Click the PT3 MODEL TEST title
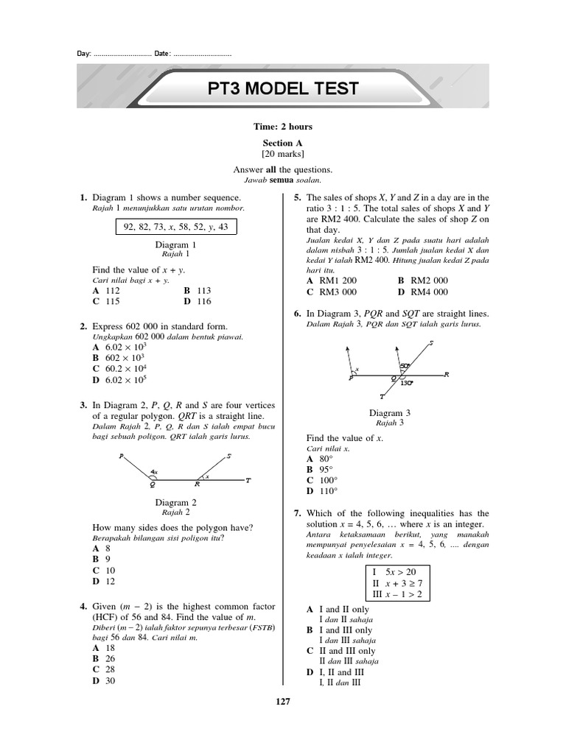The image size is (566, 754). pyautogui.click(x=283, y=89)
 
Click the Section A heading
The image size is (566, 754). pyautogui.click(x=283, y=143)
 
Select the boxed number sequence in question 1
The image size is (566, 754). pyautogui.click(x=176, y=226)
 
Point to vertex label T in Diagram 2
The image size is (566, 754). pyautogui.click(x=248, y=481)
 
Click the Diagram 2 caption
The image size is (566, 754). pyautogui.click(x=176, y=502)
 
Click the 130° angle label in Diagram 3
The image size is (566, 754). pyautogui.click(x=406, y=383)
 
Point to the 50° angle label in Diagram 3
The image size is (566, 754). pyautogui.click(x=404, y=365)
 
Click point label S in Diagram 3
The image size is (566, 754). pyautogui.click(x=430, y=344)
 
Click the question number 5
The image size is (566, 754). pyautogui.click(x=296, y=198)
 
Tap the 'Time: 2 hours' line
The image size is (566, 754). pyautogui.click(x=283, y=127)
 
